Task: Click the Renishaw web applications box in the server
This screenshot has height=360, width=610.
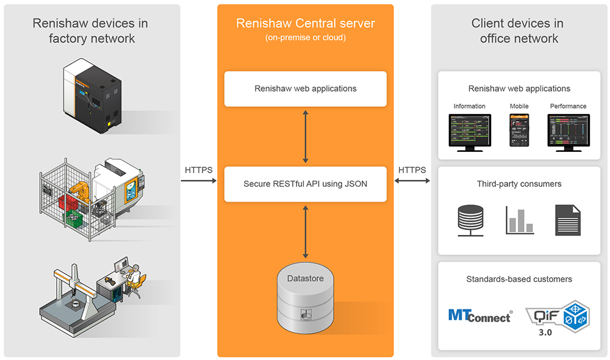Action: point(305,88)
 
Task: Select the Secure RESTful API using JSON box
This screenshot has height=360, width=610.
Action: point(305,184)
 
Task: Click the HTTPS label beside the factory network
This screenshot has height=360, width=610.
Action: point(198,170)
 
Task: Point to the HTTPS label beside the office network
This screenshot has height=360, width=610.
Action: point(412,170)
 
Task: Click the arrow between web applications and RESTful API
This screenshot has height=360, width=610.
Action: point(305,136)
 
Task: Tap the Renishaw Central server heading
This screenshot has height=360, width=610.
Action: point(305,24)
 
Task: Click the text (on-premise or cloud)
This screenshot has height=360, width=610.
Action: point(305,38)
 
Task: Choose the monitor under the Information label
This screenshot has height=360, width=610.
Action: point(469,131)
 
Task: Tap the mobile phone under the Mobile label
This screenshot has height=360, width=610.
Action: point(519,130)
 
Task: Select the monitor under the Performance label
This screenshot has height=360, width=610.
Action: point(568,131)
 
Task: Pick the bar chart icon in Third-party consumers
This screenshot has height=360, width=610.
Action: point(519,220)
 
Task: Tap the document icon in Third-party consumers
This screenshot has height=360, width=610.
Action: point(568,220)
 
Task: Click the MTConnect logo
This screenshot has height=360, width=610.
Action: point(479,315)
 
